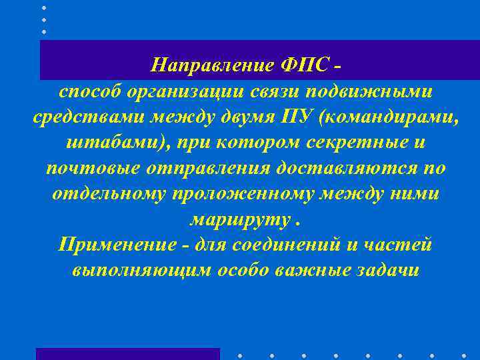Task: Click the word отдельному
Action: click(109, 193)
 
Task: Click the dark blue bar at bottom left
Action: click(127, 353)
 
